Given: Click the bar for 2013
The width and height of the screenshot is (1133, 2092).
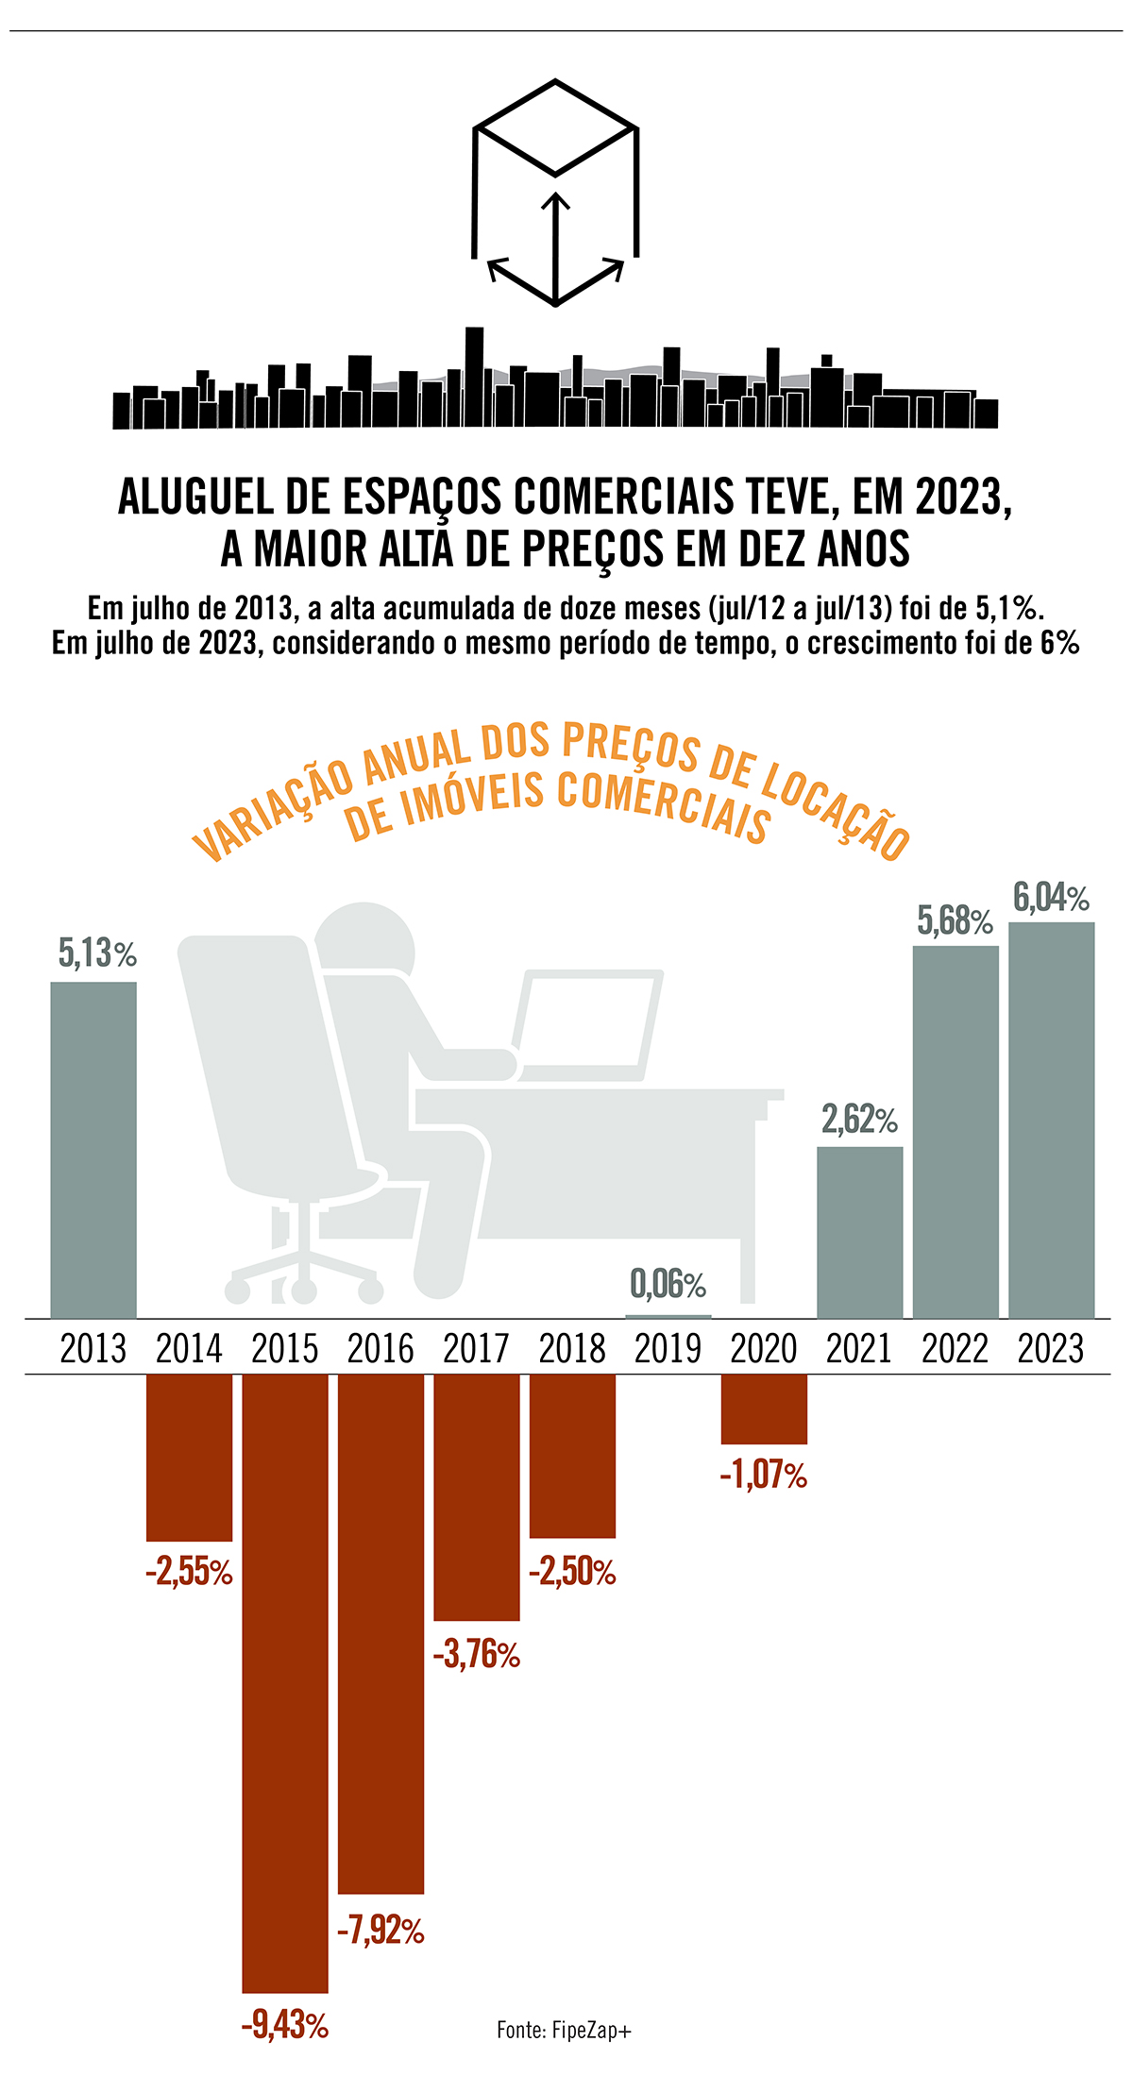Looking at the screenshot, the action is [x=93, y=1150].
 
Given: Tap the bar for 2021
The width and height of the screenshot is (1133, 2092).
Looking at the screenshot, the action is [x=860, y=1233].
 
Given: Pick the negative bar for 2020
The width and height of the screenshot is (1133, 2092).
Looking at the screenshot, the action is [x=764, y=1409].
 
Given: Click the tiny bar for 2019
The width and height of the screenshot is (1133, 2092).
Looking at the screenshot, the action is [x=668, y=1316].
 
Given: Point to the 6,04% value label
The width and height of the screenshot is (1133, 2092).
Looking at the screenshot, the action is [x=1051, y=897].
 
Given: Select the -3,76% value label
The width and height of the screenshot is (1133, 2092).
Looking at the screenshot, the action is [x=477, y=1654].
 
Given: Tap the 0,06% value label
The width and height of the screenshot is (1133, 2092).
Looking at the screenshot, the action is [x=668, y=1284].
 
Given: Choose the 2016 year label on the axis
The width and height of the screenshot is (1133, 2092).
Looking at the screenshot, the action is [x=380, y=1348].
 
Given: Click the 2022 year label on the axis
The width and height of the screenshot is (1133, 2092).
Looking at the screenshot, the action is [x=955, y=1348].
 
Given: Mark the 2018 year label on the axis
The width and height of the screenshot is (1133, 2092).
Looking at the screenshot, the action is [x=572, y=1348].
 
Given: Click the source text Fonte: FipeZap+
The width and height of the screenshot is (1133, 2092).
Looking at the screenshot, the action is [x=564, y=2030].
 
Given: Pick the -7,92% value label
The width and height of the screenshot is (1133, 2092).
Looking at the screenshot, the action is [x=380, y=1931].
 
